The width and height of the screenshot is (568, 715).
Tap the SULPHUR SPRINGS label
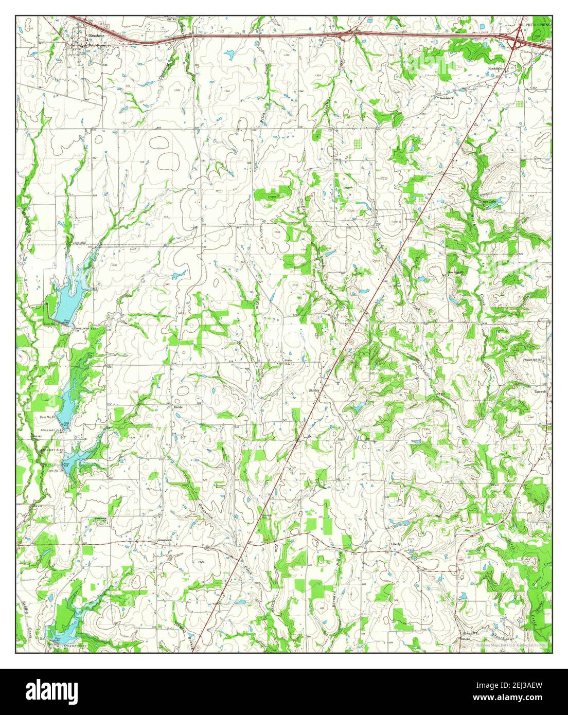pyautogui.click(x=535, y=24)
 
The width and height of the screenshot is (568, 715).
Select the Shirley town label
pyautogui.click(x=314, y=390)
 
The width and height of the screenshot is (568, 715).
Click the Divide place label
pyautogui.click(x=177, y=406)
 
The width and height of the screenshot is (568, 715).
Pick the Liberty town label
pyautogui.click(x=395, y=544)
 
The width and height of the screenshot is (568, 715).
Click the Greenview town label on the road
pyautogui.click(x=164, y=541)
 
